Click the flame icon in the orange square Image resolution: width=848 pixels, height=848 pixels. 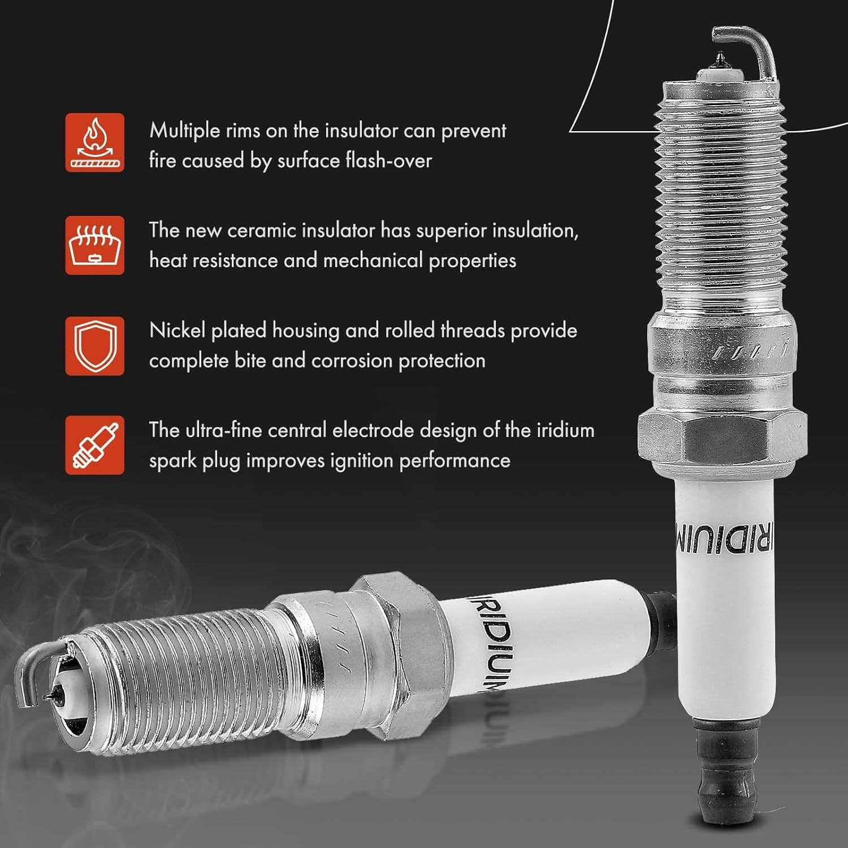94,142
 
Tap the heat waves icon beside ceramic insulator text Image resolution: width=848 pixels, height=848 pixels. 94,245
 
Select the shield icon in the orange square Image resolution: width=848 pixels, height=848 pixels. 94,345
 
